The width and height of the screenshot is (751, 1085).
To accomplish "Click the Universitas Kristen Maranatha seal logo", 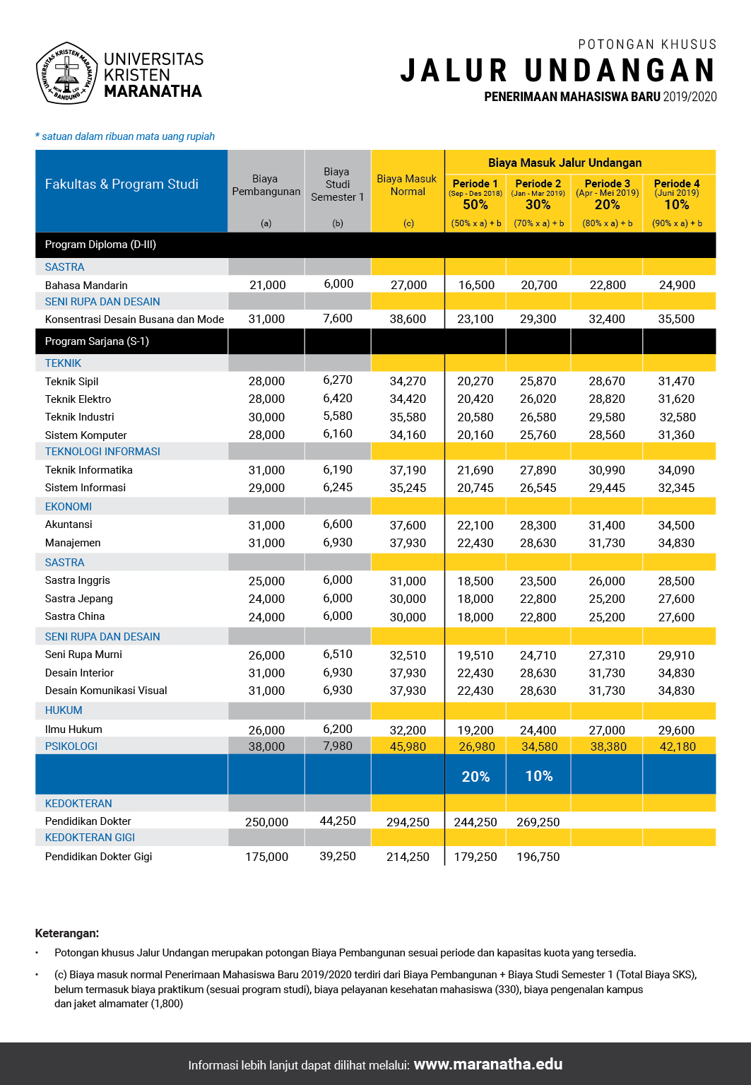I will pyautogui.click(x=66, y=73).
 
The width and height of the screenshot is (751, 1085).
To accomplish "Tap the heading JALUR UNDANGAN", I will pyautogui.click(x=558, y=71).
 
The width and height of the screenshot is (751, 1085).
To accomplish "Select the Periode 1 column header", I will pyautogui.click(x=475, y=184).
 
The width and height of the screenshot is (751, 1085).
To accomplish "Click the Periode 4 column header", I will pyautogui.click(x=676, y=184).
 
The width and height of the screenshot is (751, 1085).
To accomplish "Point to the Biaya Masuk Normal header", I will pyautogui.click(x=407, y=185).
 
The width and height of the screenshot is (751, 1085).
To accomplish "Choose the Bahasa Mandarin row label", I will pyautogui.click(x=86, y=286).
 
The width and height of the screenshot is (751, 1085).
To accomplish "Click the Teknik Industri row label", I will pyautogui.click(x=79, y=417).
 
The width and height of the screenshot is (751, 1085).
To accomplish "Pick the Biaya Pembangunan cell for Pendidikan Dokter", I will pyautogui.click(x=266, y=822).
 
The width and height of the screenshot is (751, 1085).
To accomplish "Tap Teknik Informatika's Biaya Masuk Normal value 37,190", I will pyautogui.click(x=408, y=470).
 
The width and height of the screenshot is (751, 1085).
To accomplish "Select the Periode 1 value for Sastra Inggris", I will pyautogui.click(x=475, y=581).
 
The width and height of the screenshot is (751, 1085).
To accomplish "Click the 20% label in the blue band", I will pyautogui.click(x=475, y=777).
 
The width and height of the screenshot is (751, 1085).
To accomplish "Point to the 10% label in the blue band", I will pyautogui.click(x=538, y=776).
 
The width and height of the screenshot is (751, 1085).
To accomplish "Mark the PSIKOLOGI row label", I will pyautogui.click(x=71, y=746).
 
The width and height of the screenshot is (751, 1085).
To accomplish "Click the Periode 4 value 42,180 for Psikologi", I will pyautogui.click(x=677, y=746).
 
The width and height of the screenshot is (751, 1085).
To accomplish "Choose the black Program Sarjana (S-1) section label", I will pyautogui.click(x=97, y=341).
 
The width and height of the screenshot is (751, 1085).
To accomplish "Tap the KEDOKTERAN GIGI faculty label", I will pyautogui.click(x=90, y=838).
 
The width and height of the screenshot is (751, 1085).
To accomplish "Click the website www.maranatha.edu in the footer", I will pyautogui.click(x=487, y=1065).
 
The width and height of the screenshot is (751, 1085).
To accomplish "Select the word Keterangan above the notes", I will pyautogui.click(x=67, y=933).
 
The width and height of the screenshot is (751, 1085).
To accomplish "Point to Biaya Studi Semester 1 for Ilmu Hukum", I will pyautogui.click(x=338, y=729).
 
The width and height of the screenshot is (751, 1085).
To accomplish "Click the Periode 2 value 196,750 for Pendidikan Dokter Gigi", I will pyautogui.click(x=538, y=857).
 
